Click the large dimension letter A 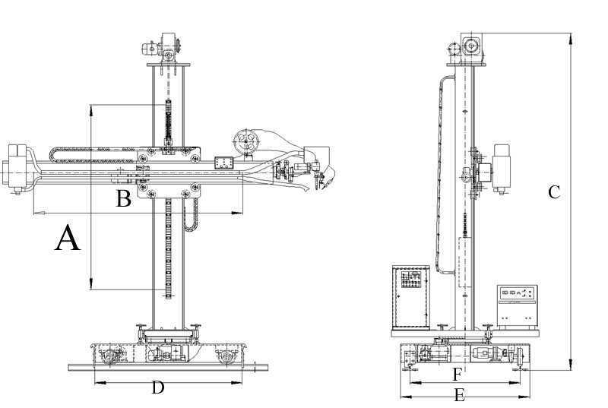[68, 239]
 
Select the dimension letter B [123, 199]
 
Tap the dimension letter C [554, 192]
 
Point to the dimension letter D [157, 387]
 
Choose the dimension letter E [459, 394]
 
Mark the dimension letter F [458, 374]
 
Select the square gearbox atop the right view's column [472, 47]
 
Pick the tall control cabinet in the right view [410, 297]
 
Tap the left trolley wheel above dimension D [114, 354]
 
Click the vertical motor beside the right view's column [501, 166]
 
